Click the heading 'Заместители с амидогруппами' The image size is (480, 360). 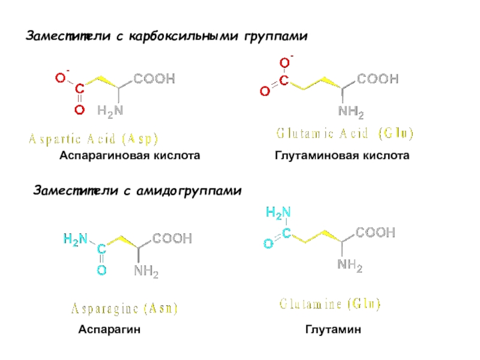point(136,191)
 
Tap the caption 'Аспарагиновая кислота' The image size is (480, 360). point(129,156)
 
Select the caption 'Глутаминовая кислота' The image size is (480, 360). point(342,156)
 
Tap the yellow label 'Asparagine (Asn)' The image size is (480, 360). point(125,309)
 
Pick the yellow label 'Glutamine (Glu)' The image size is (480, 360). point(330,304)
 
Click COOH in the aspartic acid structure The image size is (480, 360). point(154,79)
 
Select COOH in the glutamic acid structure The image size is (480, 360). point(377,79)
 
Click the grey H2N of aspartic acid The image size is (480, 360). point(110,110)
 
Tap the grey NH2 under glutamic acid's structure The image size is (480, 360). point(351,112)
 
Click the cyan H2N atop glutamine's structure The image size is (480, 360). point(278,212)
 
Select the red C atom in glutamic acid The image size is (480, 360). point(284,79)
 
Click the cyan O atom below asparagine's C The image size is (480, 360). point(102,271)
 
